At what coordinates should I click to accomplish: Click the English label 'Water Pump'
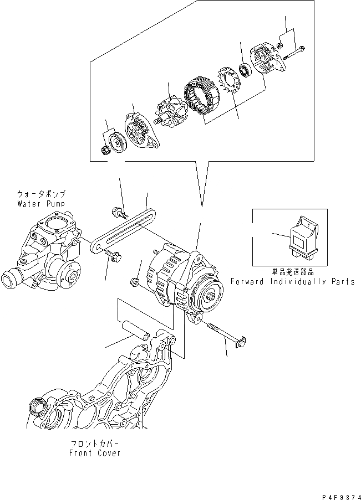(42, 203)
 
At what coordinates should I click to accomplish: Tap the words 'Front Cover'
(95, 453)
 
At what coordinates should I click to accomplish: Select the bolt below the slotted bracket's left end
(114, 256)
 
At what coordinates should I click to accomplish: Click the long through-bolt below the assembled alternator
(224, 335)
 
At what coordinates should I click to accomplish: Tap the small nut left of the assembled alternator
(134, 283)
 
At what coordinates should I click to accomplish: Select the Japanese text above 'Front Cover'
(95, 444)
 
